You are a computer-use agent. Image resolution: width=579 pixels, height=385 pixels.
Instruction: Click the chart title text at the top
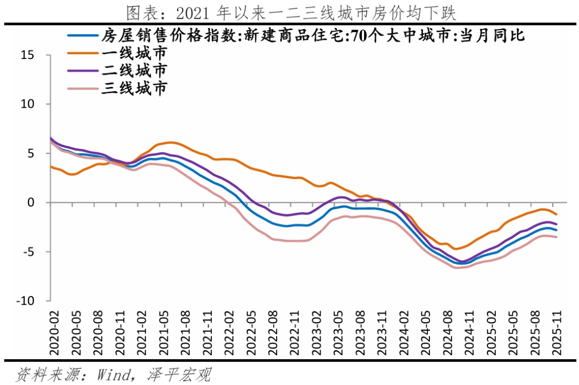290,11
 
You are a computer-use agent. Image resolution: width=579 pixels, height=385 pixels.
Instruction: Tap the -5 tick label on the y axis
28,252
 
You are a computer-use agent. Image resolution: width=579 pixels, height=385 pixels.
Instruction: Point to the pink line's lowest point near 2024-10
457,267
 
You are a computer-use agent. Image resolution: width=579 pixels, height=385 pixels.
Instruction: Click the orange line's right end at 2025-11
556,214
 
